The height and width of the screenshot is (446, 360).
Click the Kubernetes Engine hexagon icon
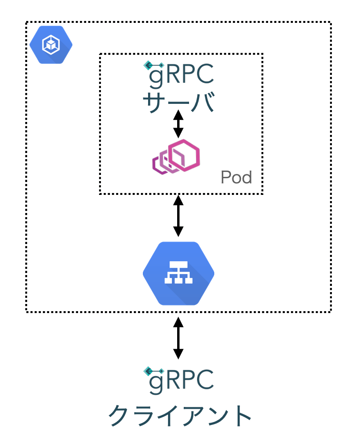(x=51, y=45)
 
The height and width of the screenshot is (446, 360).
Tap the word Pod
(x=236, y=178)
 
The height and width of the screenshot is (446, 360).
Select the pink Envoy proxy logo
(x=176, y=156)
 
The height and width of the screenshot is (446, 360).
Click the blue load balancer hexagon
(x=179, y=274)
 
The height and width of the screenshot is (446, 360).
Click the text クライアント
(x=180, y=416)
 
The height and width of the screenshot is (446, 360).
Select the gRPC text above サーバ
(x=180, y=75)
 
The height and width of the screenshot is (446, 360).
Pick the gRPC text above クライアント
(x=180, y=380)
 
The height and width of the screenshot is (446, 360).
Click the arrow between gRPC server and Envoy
(x=178, y=124)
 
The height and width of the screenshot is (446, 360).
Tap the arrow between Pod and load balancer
(x=178, y=215)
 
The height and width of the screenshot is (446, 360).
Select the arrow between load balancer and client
(x=178, y=338)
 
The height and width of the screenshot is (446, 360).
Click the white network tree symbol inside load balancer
(x=179, y=273)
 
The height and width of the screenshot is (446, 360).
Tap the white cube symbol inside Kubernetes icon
(x=50, y=45)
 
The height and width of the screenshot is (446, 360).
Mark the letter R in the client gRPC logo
(x=172, y=381)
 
